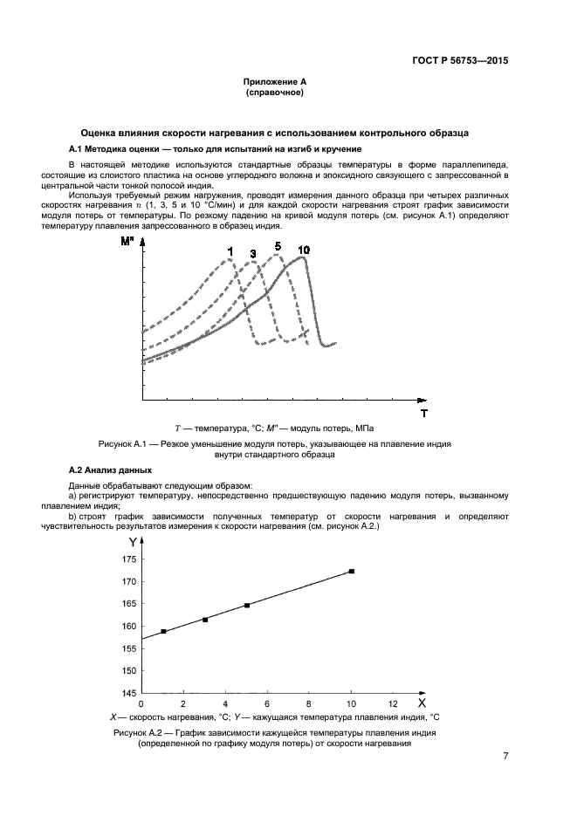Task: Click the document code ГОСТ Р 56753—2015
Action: point(460,61)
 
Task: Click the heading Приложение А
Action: point(275,81)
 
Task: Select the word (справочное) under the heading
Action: point(275,92)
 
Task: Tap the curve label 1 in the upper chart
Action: point(230,251)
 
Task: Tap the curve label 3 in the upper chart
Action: point(253,253)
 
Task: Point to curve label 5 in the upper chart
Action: point(278,246)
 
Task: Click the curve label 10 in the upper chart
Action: point(303,250)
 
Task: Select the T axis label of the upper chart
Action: point(424,412)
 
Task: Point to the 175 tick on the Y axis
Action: point(128,559)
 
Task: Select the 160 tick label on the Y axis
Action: point(128,627)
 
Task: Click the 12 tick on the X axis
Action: point(393,703)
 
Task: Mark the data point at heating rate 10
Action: point(351,571)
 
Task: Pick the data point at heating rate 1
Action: point(163,631)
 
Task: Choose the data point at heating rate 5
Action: point(247,605)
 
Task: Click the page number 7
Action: point(505,756)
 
